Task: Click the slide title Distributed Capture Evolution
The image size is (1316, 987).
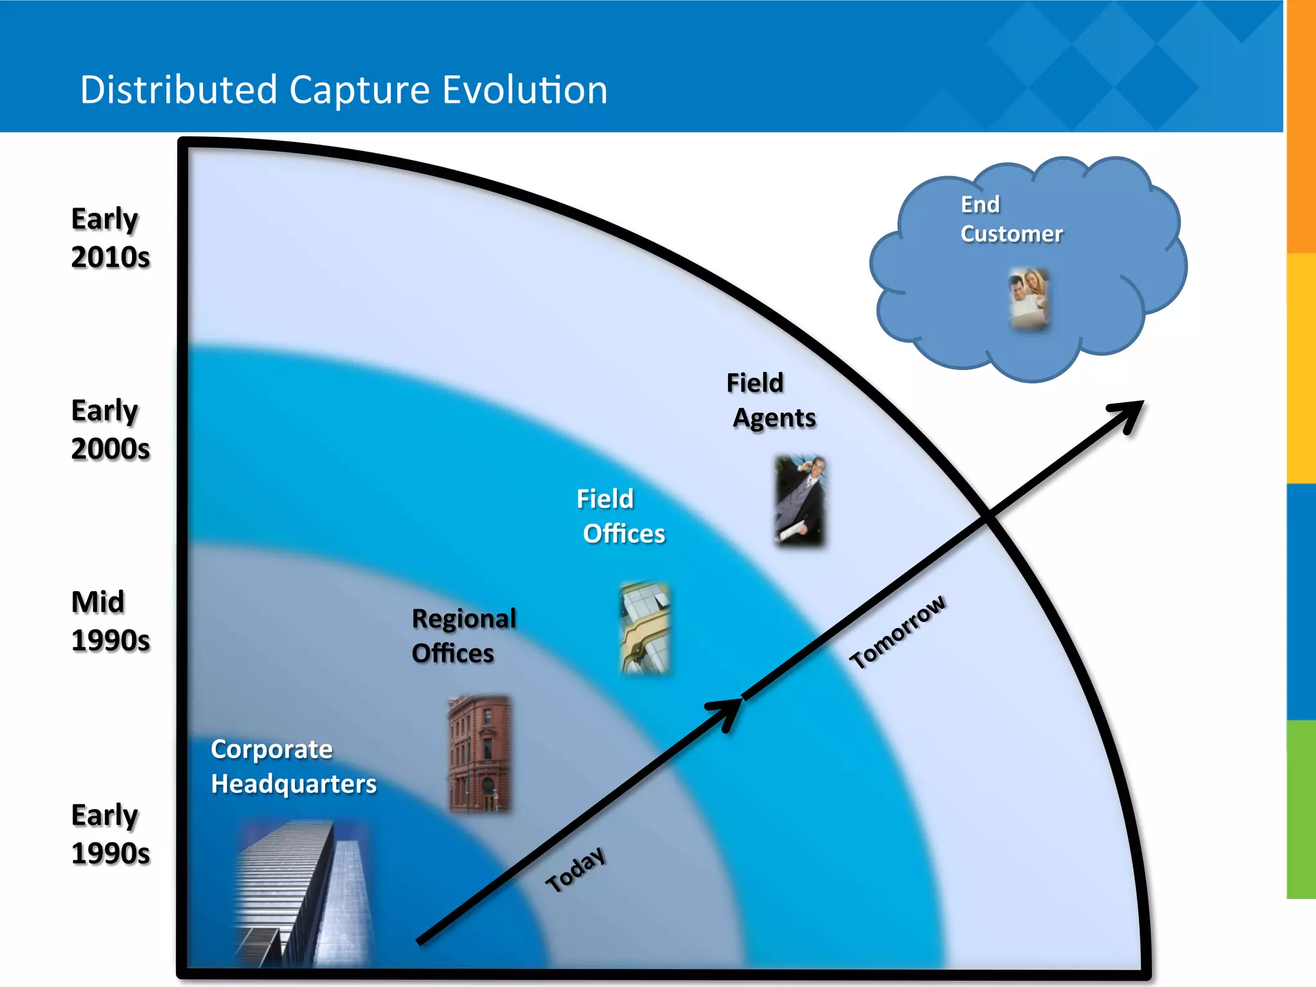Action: coord(344,89)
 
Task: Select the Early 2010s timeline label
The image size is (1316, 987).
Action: coord(110,238)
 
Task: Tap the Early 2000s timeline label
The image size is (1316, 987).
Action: coord(110,429)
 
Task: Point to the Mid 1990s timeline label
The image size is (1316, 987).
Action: coord(110,621)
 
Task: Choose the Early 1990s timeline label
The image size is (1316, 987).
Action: coord(110,834)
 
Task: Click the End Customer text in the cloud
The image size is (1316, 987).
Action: coord(1011,219)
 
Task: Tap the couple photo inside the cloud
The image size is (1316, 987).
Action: coord(1029,299)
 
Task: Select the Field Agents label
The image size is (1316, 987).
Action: coord(772,400)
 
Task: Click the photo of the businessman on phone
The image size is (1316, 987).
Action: coord(799,501)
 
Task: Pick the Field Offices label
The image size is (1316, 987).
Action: coord(620,516)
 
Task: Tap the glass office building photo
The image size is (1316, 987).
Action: coord(645,628)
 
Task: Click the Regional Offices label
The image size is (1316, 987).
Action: coord(463,636)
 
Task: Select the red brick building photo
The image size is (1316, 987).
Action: coord(480,753)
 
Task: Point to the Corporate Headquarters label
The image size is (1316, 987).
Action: coord(293,767)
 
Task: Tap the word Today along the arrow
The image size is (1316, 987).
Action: coord(576,869)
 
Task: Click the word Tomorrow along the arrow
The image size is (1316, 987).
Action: coord(897,632)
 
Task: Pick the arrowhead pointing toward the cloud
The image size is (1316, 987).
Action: coord(1129,414)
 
